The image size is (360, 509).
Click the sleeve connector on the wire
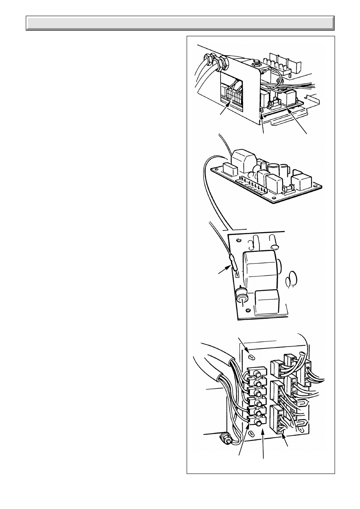(233, 262)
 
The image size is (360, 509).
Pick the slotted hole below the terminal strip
(251, 433)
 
